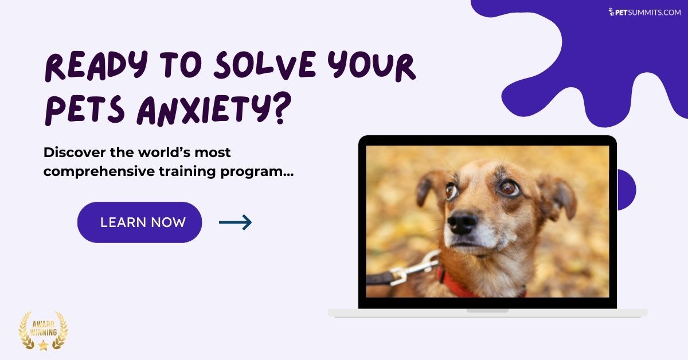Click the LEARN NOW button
pos(139,222)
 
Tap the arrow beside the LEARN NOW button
pos(235,222)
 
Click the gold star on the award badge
pos(43,345)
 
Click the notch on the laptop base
pos(487,311)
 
